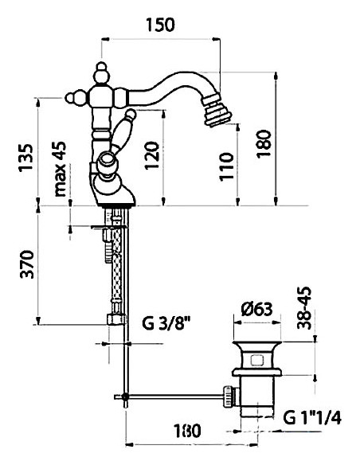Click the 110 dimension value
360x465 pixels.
pos(228,168)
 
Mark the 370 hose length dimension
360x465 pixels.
pos(27,267)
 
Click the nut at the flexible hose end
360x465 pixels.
pos(114,320)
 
